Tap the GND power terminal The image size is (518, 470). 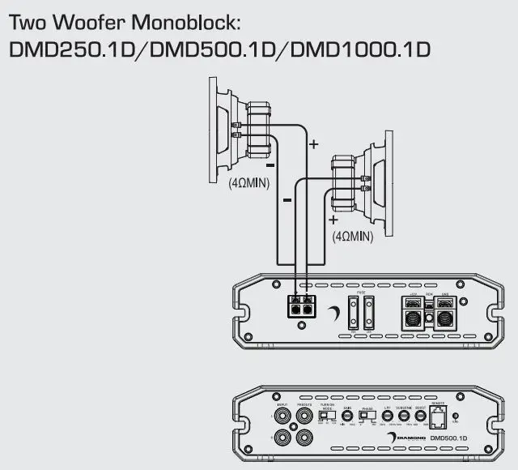click(x=446, y=312)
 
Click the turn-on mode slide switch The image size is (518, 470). click(x=327, y=417)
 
